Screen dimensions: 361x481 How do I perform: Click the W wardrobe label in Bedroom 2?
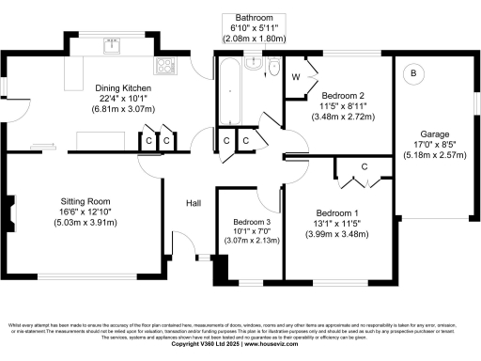[297, 77]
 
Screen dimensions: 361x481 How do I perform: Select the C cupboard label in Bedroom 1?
[365, 167]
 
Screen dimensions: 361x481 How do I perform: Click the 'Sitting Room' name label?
[85, 201]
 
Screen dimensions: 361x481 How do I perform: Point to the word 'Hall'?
[193, 203]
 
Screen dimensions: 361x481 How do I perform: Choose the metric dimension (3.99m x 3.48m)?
[336, 234]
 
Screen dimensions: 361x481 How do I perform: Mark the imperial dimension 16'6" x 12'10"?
[85, 212]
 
